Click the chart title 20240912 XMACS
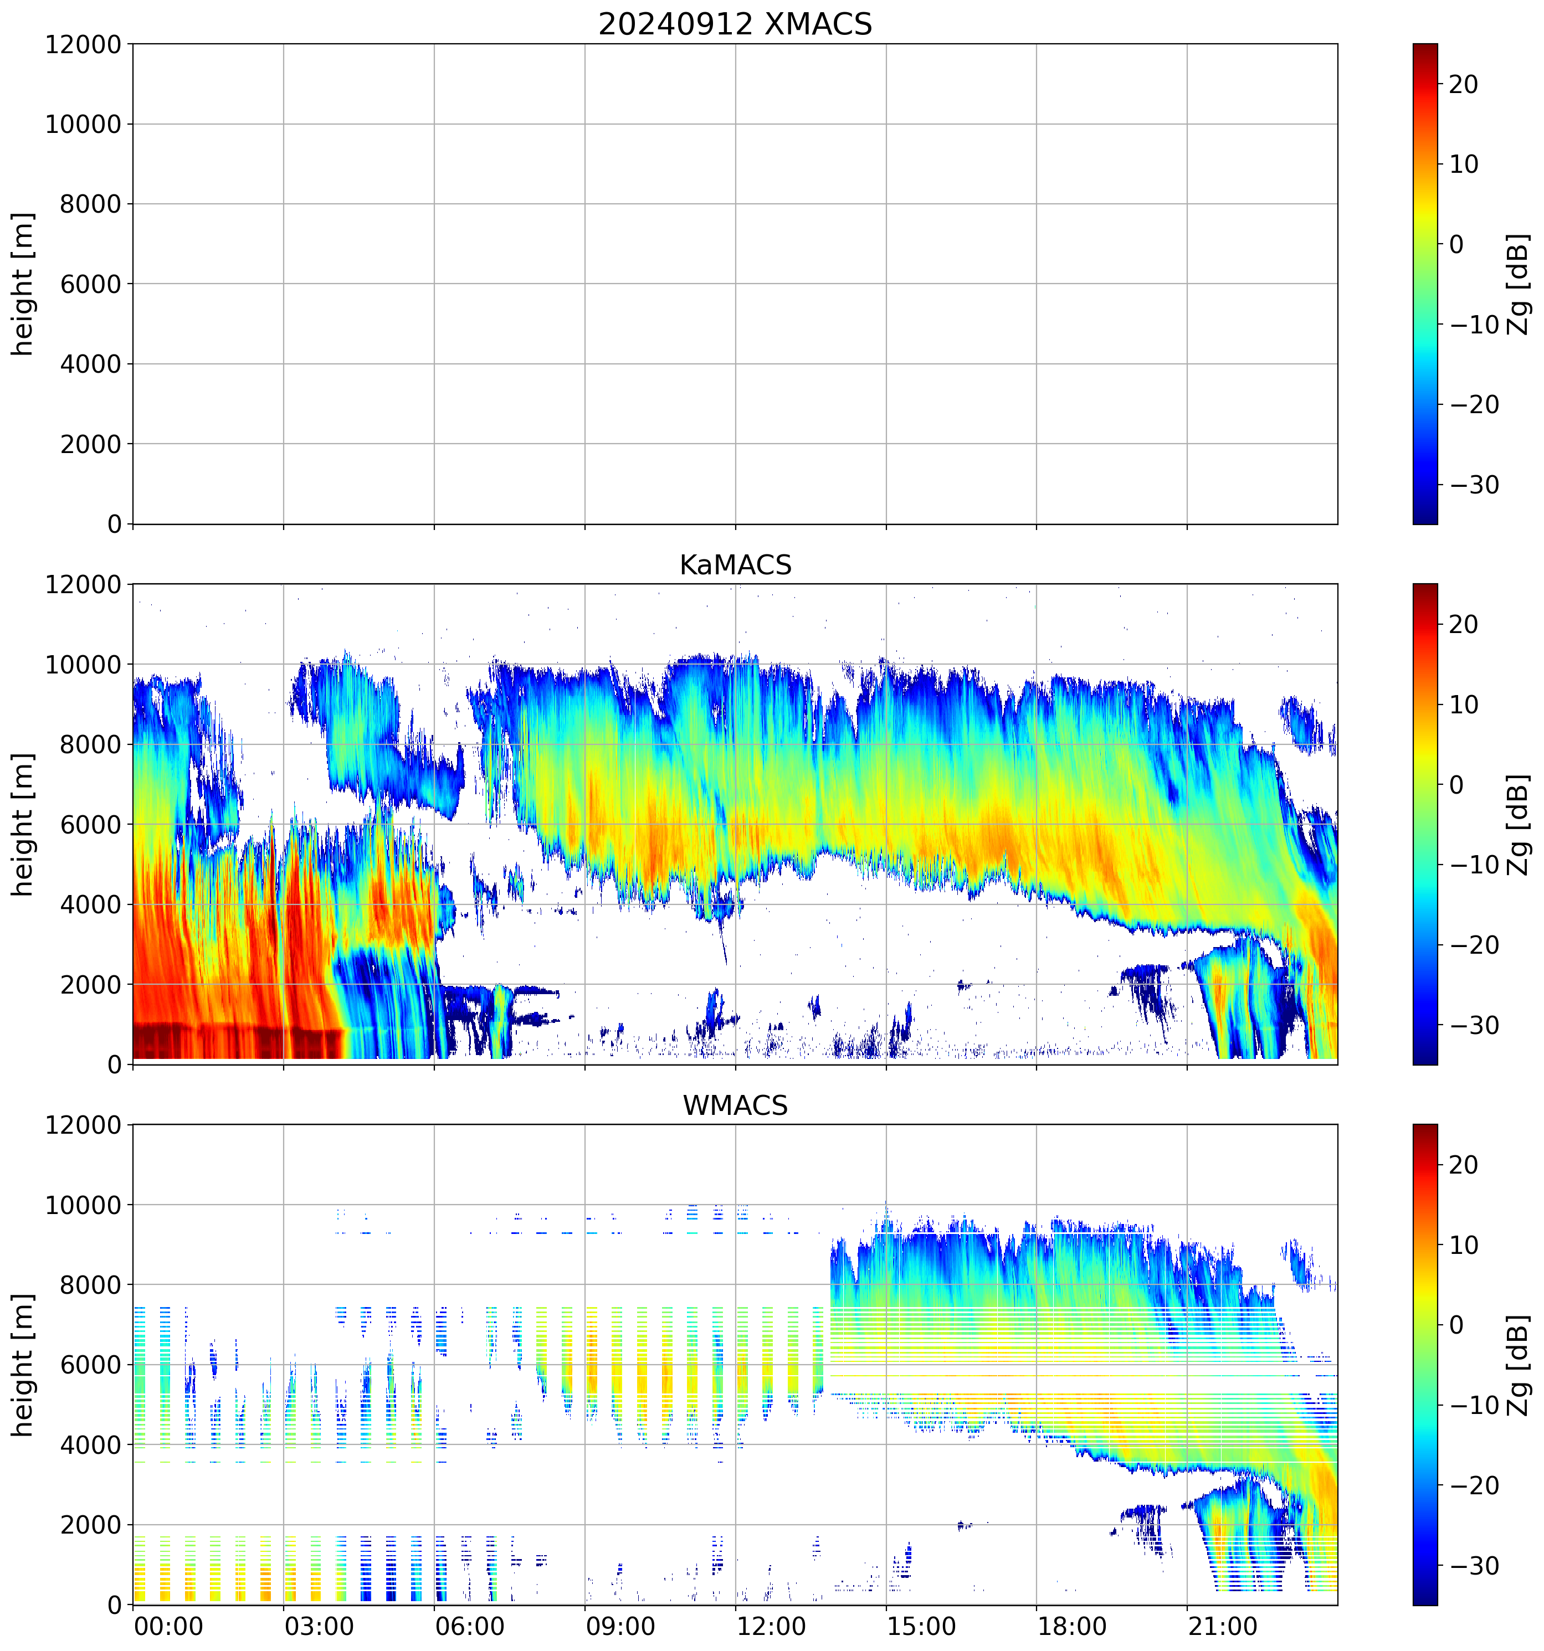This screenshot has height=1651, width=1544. (x=735, y=23)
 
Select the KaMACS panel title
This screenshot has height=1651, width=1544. (x=735, y=565)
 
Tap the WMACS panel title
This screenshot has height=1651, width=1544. (x=735, y=1105)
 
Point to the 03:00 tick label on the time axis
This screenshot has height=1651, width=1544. (x=319, y=1626)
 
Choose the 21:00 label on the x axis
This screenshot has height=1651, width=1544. (x=1223, y=1626)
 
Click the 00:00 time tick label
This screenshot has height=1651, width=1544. (x=168, y=1626)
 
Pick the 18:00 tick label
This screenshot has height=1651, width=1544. (x=1072, y=1626)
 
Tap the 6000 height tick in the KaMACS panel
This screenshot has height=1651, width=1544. (x=90, y=825)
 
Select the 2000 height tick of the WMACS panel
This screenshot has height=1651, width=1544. (x=90, y=1525)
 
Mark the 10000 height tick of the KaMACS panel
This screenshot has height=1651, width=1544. (x=83, y=665)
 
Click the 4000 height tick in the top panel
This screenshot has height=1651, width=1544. (x=90, y=364)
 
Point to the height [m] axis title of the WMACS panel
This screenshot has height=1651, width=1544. (x=23, y=1365)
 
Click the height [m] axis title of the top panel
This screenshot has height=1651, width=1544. (x=23, y=284)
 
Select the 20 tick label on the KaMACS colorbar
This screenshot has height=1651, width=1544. (x=1464, y=625)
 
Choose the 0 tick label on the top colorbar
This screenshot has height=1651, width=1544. (x=1456, y=244)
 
